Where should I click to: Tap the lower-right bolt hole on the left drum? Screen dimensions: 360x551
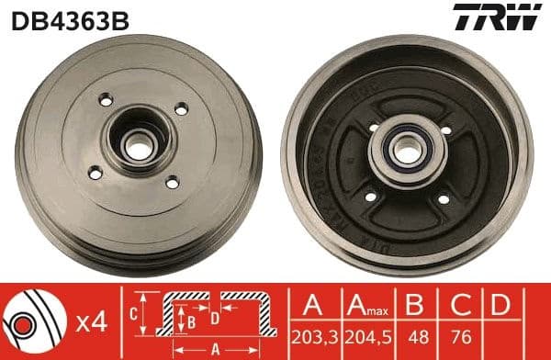click(171, 183)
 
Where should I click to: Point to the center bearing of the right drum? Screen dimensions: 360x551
click(406, 151)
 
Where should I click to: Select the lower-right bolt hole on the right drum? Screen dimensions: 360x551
click(443, 199)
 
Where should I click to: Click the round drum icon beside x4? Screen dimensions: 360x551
click(30, 321)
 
